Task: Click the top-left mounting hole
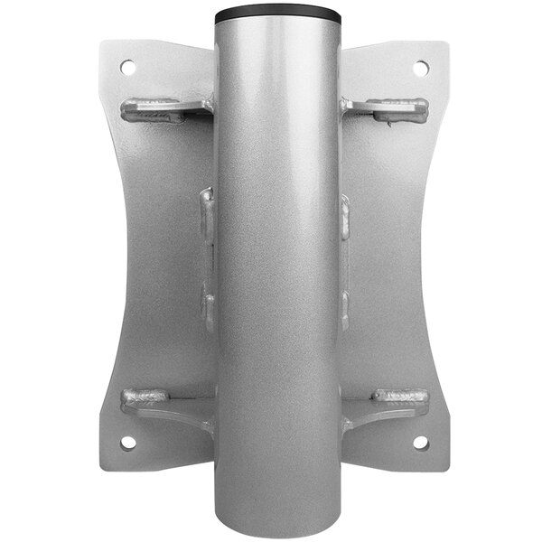[126, 67]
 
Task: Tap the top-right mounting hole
[421, 68]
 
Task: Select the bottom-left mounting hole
[127, 443]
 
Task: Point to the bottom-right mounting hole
[420, 443]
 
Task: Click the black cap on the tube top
[277, 16]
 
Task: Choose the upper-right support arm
[383, 110]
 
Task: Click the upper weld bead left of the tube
[208, 217]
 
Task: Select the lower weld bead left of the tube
[208, 307]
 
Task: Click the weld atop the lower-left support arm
[145, 396]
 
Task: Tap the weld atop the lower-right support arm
[400, 396]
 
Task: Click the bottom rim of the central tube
[277, 532]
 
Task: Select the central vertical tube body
[277, 271]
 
